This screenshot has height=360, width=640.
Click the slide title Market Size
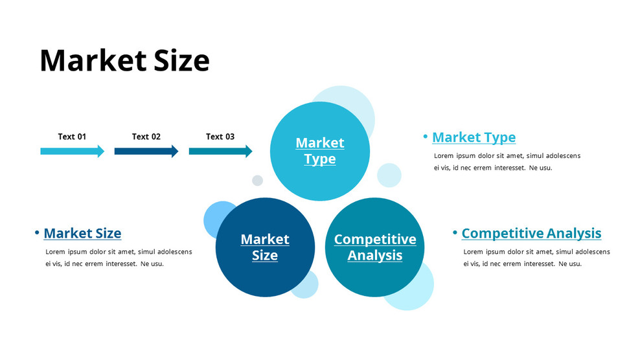[x=124, y=61]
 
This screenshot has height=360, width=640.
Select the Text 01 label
[x=72, y=137]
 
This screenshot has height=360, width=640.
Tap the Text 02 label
[x=146, y=137]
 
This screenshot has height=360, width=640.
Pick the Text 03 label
[x=220, y=137]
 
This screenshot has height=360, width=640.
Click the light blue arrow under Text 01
[x=72, y=152]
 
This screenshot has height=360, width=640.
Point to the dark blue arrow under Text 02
[x=146, y=152]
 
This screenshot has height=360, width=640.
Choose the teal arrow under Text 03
[x=220, y=152]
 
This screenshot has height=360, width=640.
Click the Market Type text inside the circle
[x=320, y=151]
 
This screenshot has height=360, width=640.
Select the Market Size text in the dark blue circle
[x=265, y=247]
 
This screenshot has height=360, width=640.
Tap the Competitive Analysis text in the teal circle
[x=375, y=247]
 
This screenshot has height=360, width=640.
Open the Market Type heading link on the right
[x=474, y=137]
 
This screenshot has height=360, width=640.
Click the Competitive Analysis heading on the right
[x=531, y=233]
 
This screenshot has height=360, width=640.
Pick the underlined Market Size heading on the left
[x=82, y=233]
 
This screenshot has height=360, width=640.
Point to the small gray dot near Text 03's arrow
[x=257, y=181]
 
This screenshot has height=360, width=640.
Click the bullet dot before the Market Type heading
[x=426, y=137]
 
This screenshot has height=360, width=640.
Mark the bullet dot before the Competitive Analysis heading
[x=455, y=232]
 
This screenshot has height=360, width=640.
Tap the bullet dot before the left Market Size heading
[x=37, y=232]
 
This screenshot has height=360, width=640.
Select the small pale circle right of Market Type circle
[x=389, y=175]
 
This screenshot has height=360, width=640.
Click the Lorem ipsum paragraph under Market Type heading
[x=507, y=162]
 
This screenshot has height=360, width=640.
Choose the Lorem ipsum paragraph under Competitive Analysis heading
[x=536, y=258]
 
